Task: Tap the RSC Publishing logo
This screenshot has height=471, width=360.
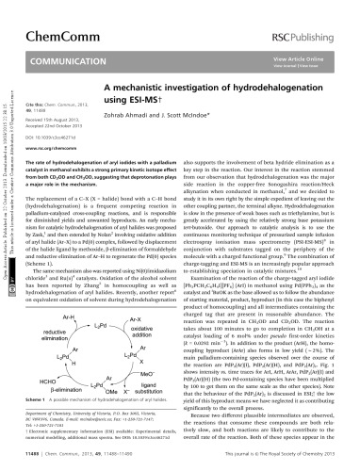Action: pyautogui.click(x=305, y=17)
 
